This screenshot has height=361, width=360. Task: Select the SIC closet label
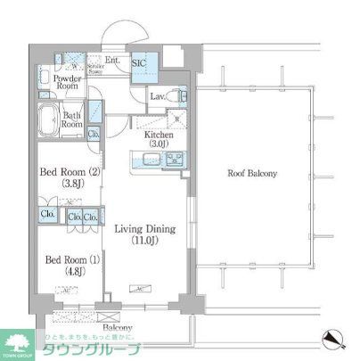tap(140, 63)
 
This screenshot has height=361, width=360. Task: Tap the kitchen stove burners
tap(175, 160)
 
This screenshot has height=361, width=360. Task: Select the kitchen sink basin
tap(146, 160)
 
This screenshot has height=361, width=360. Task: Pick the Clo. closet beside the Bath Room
tap(94, 134)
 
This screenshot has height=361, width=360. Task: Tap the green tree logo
tap(18, 343)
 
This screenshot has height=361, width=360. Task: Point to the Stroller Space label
tap(96, 69)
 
